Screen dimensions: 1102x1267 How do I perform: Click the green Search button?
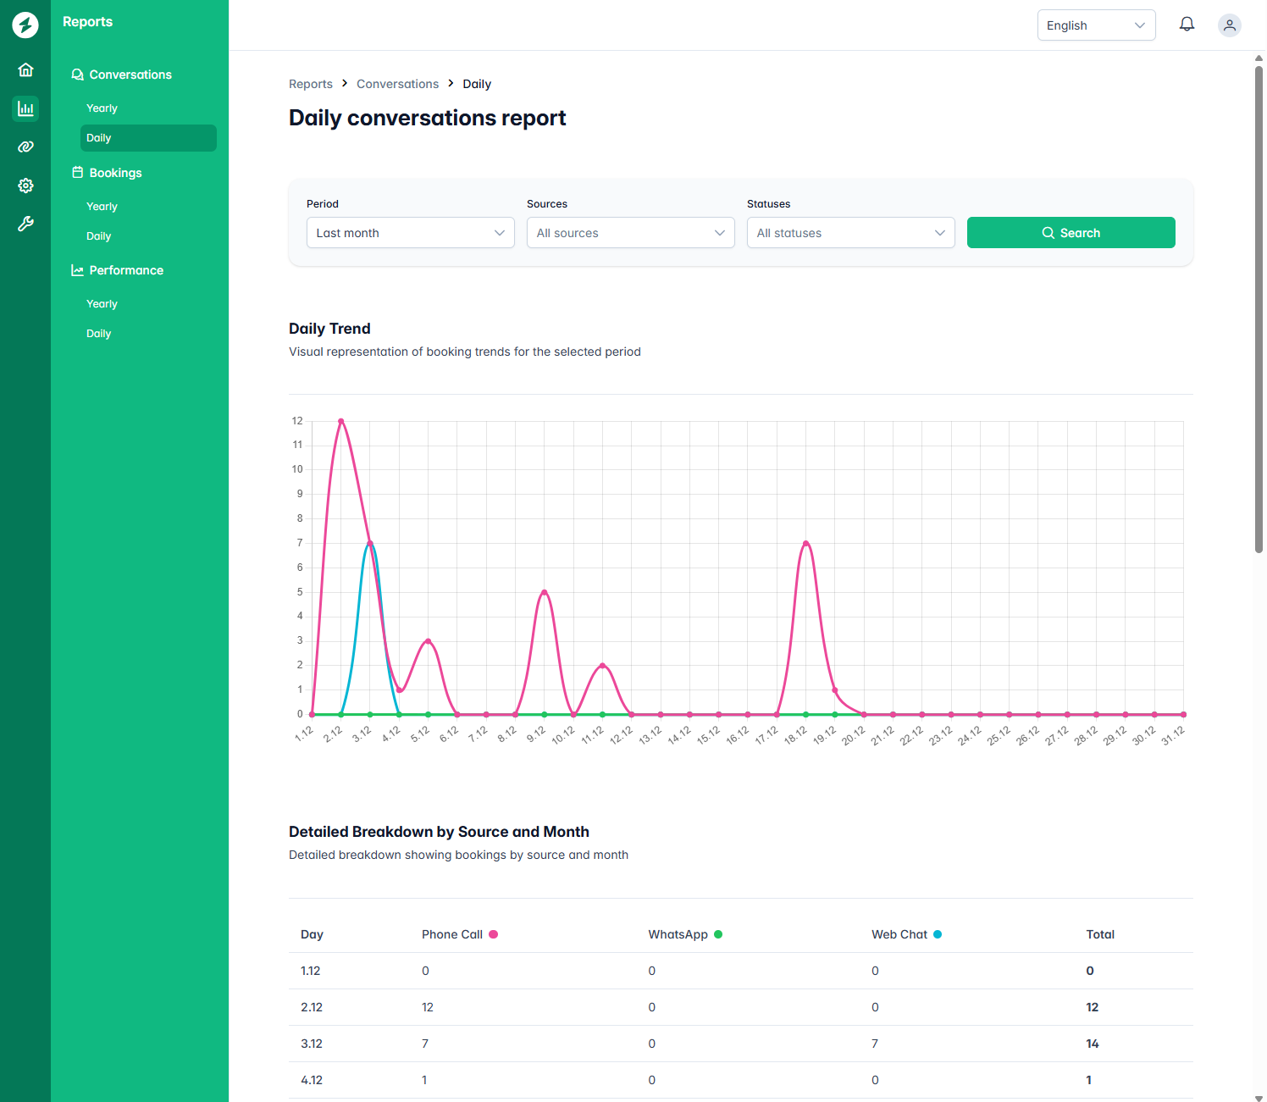tap(1071, 233)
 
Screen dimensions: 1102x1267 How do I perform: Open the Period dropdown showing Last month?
tap(410, 233)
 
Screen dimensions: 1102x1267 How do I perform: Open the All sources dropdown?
tap(630, 233)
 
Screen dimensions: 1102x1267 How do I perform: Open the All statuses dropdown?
tap(850, 233)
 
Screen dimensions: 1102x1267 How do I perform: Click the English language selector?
tap(1096, 25)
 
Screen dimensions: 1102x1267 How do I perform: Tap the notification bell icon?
tap(1187, 25)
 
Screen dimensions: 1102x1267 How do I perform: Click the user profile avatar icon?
tap(1229, 25)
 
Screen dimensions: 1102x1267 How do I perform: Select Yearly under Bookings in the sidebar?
tap(102, 207)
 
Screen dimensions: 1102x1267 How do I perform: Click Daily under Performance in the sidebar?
tap(98, 334)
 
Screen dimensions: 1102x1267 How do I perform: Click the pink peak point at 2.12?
tap(341, 421)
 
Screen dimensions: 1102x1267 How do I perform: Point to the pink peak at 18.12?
tap(806, 543)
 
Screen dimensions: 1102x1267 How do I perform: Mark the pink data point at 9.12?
tap(545, 592)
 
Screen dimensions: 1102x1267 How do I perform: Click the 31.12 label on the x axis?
tap(1173, 735)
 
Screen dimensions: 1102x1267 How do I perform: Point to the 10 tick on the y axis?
tap(297, 469)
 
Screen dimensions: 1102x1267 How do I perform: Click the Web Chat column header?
tap(899, 934)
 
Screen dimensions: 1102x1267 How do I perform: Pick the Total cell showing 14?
tap(1093, 1044)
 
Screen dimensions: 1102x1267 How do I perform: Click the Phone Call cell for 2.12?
tap(428, 1007)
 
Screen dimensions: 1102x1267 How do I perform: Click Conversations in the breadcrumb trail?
tap(397, 84)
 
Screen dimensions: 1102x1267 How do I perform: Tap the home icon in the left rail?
tap(25, 69)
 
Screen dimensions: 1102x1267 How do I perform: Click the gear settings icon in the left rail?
tap(25, 186)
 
